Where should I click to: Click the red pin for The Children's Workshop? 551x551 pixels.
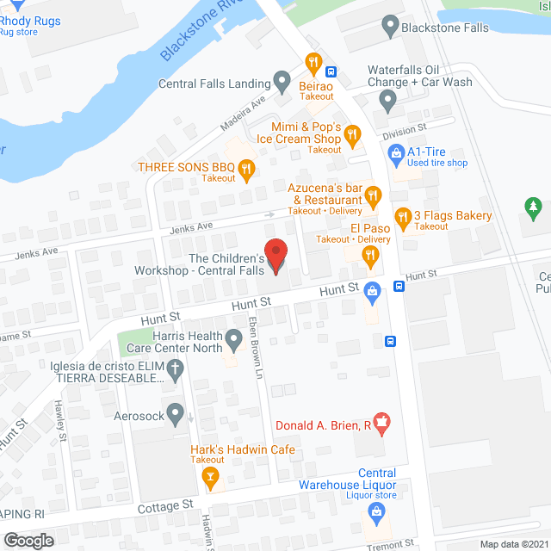pyautogui.click(x=275, y=256)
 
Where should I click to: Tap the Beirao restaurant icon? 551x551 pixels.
pyautogui.click(x=313, y=63)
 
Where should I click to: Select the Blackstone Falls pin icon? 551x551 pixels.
pyautogui.click(x=390, y=27)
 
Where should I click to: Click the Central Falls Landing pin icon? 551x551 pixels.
pyautogui.click(x=282, y=83)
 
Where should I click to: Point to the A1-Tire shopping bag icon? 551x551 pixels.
pyautogui.click(x=396, y=155)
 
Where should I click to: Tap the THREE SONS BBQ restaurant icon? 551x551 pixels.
pyautogui.click(x=246, y=170)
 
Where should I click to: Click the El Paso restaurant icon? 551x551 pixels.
pyautogui.click(x=370, y=253)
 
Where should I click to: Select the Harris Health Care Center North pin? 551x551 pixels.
pyautogui.click(x=233, y=342)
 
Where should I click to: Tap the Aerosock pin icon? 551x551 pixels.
pyautogui.click(x=176, y=415)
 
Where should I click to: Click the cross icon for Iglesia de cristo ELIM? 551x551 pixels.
pyautogui.click(x=176, y=371)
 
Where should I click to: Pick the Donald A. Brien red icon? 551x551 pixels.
pyautogui.click(x=383, y=423)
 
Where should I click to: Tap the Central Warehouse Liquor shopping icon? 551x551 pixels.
pyautogui.click(x=375, y=512)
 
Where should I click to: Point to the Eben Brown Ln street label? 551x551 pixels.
pyautogui.click(x=256, y=348)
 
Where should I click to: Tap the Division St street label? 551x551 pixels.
pyautogui.click(x=405, y=131)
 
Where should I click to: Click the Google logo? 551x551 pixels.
pyautogui.click(x=28, y=540)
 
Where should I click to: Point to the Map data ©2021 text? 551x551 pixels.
pyautogui.click(x=513, y=543)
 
